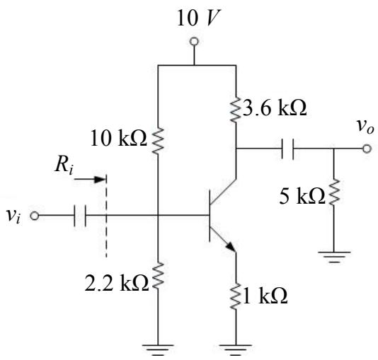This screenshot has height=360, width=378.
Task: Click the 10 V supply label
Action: click(198, 18)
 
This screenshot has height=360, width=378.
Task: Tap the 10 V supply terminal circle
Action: click(194, 42)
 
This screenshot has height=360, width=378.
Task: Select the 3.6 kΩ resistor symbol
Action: click(236, 110)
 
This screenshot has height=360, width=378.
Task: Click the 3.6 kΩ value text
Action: click(275, 108)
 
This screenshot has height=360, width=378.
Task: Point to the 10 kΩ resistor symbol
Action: click(158, 141)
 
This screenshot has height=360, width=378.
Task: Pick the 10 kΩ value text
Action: click(118, 138)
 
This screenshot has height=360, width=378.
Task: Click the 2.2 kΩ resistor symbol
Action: click(158, 276)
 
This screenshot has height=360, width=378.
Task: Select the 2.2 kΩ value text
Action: click(116, 283)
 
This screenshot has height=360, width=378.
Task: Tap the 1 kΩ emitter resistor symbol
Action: click(236, 296)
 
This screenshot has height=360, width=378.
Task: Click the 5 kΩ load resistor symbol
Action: click(334, 192)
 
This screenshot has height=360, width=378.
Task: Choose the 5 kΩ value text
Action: click(302, 197)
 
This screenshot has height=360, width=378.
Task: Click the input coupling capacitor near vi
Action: click(80, 216)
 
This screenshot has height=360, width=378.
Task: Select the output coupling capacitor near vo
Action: click(287, 149)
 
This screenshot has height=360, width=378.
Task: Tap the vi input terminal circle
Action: click(35, 216)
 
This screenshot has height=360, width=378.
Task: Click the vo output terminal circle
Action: click(367, 149)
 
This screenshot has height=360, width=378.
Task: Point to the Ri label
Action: click(64, 166)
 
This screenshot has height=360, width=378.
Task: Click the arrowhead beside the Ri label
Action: click(100, 179)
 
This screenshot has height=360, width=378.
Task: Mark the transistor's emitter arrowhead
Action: click(231, 246)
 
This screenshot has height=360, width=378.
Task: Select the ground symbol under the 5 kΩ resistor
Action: click(334, 257)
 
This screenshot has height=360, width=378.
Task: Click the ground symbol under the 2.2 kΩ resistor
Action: click(158, 350)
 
